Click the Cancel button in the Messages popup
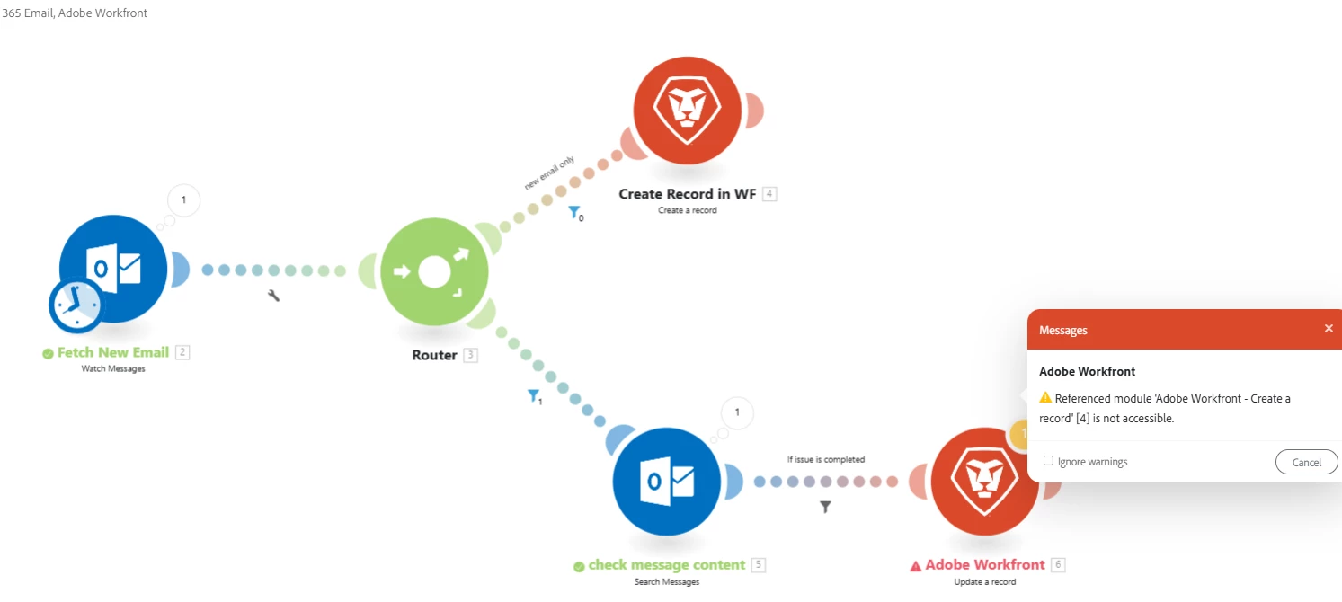(x=1306, y=462)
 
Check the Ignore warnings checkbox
(x=1048, y=461)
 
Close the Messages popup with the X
(x=1329, y=329)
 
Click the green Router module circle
(x=434, y=271)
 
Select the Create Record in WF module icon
(x=688, y=109)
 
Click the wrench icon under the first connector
(x=274, y=295)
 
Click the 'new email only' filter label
(x=549, y=173)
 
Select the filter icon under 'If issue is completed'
(x=825, y=507)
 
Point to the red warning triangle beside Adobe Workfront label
(x=916, y=566)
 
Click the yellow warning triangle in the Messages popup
(x=1045, y=398)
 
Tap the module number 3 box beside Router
(x=470, y=355)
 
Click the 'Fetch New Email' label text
(x=112, y=352)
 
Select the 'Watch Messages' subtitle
(x=112, y=368)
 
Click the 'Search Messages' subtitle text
(x=666, y=581)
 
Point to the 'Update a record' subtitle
(x=985, y=581)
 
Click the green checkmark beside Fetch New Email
(x=48, y=353)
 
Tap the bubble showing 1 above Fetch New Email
(x=184, y=199)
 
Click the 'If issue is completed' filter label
(x=825, y=459)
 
